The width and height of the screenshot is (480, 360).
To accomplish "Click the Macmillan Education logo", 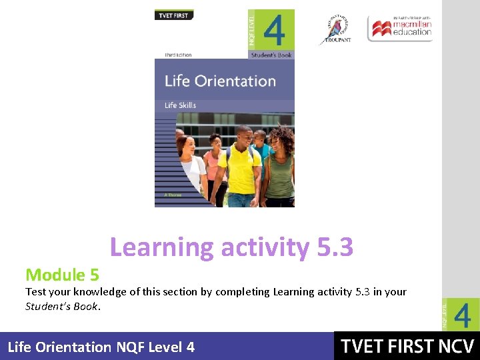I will (401, 28).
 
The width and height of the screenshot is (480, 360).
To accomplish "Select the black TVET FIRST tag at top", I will (173, 15).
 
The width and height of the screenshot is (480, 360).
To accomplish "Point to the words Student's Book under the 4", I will (271, 55).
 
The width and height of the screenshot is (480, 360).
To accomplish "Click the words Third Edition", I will (178, 55).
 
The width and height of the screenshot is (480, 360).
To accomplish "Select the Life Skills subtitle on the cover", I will (181, 105).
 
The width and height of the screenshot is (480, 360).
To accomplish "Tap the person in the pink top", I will (213, 163).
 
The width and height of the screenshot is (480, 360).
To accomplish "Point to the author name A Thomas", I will (172, 195).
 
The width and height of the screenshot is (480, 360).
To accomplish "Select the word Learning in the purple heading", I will (161, 247).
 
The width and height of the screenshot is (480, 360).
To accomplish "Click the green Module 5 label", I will (62, 274).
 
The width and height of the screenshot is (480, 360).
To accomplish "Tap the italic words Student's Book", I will (62, 307).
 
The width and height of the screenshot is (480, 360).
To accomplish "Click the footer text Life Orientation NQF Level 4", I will (101, 347).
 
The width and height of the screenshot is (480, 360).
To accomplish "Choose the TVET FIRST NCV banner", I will (407, 347).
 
